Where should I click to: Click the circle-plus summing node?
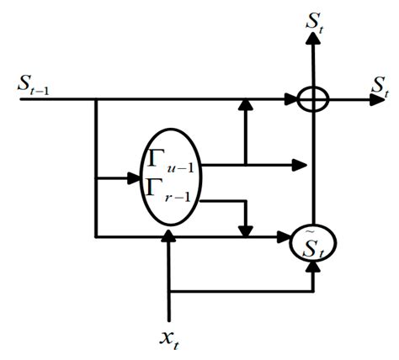[314, 100]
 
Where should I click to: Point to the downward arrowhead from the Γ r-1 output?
[246, 229]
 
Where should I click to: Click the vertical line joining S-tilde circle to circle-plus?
[314, 168]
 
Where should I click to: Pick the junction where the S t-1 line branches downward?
[96, 100]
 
